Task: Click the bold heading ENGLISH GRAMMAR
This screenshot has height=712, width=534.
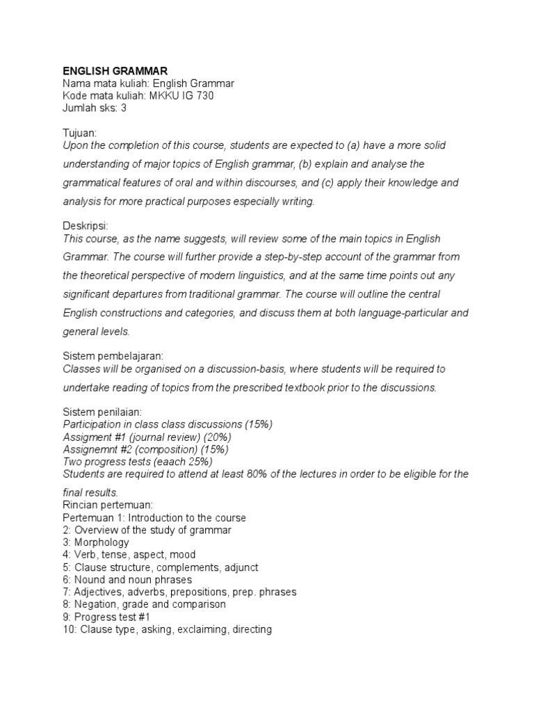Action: [115, 71]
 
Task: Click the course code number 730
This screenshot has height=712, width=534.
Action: [204, 96]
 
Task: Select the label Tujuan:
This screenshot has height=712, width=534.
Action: [80, 133]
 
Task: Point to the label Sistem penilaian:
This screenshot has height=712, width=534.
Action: [102, 412]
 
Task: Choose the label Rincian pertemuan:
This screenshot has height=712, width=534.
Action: [108, 505]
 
